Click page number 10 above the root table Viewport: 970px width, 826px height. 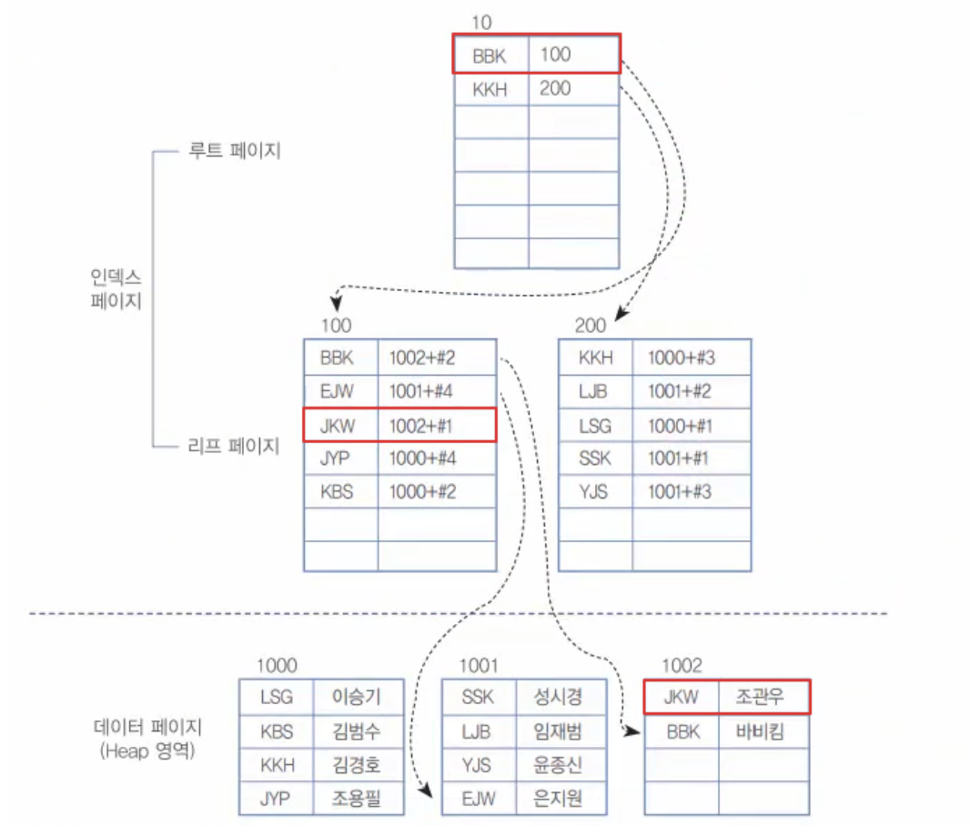click(482, 21)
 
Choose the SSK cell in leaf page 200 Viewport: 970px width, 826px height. click(595, 458)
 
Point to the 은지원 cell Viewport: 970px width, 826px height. click(558, 799)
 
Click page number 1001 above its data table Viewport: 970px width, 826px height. click(479, 666)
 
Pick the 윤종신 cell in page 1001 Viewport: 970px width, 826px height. click(558, 765)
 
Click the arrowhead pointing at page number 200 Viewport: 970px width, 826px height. click(620, 315)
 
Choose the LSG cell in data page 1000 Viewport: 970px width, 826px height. click(277, 697)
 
